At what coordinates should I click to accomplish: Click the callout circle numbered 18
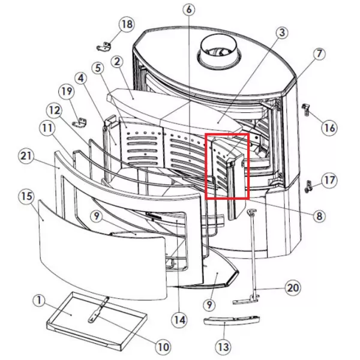coord(127,24)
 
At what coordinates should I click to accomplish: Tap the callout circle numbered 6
coord(189,10)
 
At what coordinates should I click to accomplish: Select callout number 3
coord(282,33)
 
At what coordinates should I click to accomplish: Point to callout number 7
coord(319,54)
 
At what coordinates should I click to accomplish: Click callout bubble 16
coord(329,128)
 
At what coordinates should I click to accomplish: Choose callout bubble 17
coord(329,181)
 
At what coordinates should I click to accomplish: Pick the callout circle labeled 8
coord(319,216)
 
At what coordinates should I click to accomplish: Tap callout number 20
coord(293,288)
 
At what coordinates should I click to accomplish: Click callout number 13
coord(223,347)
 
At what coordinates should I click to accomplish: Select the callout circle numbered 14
coord(179,320)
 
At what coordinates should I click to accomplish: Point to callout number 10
coord(163,347)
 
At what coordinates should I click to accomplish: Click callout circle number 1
coord(39,301)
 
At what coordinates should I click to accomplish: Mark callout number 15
coord(26,196)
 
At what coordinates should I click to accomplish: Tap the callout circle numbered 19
coord(67,92)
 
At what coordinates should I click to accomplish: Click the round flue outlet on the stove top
coord(219,49)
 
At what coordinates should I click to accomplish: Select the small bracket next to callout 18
coord(103,47)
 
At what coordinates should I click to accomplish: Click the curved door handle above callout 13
coord(232,320)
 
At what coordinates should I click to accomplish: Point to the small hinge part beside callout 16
coord(305,110)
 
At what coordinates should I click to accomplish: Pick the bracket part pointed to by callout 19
coord(80,122)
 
